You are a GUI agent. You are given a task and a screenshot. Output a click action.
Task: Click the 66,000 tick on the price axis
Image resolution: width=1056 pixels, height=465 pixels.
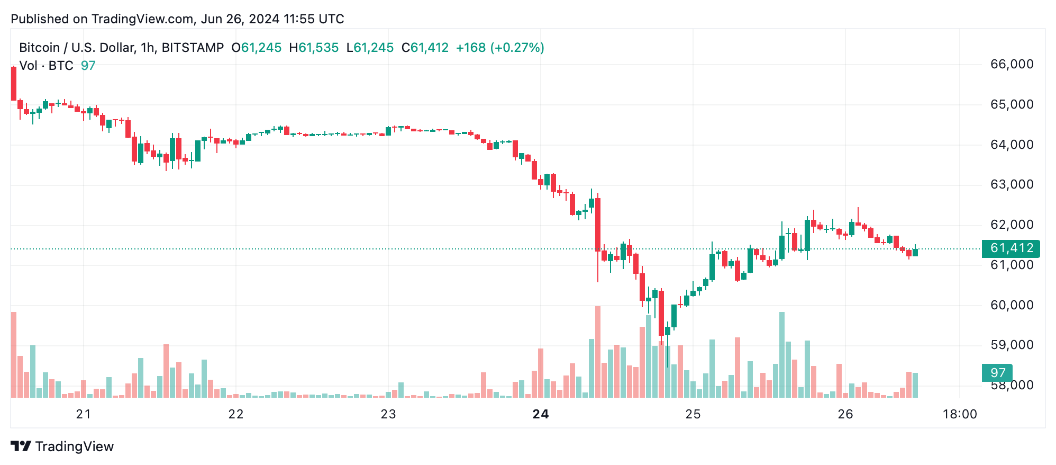point(1011,65)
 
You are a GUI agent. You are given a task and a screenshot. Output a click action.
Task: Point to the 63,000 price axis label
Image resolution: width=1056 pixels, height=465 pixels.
point(1011,185)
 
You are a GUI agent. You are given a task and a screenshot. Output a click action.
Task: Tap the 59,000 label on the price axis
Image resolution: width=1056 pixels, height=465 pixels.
point(1011,345)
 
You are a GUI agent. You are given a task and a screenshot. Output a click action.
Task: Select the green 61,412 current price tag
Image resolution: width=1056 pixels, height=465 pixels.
point(1011,248)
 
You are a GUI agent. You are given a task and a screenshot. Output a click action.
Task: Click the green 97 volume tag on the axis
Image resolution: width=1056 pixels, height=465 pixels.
point(997,373)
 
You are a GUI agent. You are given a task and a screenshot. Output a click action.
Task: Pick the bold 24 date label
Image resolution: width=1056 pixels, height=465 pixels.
point(541,414)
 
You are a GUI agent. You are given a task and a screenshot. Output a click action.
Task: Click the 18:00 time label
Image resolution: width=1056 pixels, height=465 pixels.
point(960,414)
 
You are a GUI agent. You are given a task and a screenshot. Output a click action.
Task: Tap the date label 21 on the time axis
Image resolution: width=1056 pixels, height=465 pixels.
point(84,414)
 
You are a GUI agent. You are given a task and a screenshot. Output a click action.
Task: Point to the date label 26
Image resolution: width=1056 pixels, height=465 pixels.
point(845,414)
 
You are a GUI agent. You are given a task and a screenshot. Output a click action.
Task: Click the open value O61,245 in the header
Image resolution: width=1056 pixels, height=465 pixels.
point(257,48)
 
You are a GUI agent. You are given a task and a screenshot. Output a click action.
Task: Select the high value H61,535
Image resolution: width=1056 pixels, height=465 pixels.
point(314,48)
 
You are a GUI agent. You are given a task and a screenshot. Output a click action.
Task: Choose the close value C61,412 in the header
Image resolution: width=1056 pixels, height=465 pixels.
point(425,48)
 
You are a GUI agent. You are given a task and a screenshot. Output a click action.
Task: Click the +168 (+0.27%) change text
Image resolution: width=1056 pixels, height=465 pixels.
point(500,48)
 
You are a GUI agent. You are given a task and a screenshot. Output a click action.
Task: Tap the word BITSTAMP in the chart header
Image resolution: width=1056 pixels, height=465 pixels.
point(193,48)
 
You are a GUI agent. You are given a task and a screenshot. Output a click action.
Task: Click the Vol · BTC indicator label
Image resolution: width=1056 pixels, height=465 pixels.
point(46,66)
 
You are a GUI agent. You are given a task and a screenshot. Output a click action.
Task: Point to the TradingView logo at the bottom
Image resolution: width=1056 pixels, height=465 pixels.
point(62,446)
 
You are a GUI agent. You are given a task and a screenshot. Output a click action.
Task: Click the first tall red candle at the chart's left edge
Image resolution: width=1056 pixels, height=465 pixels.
point(14,84)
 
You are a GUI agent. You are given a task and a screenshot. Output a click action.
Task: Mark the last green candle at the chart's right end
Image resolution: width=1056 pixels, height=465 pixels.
point(915,252)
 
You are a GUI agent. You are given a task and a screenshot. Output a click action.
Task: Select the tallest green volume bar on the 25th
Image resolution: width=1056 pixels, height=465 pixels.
point(782,355)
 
